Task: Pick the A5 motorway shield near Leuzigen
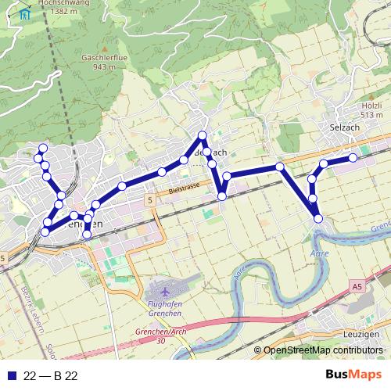tap(357, 287)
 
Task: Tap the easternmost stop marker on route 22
tap(353, 158)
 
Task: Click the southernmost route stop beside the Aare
tap(318, 218)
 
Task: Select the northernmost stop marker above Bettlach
tap(203, 135)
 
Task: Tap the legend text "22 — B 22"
tap(51, 376)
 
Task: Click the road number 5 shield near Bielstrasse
tap(148, 201)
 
